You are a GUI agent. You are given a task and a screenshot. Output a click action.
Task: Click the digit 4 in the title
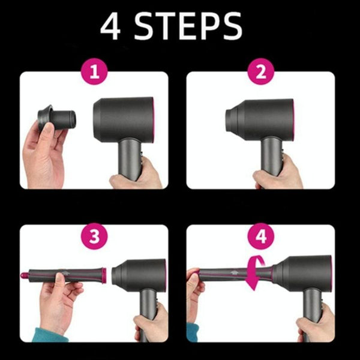[x=111, y=28]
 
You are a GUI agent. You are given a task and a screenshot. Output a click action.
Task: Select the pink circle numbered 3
[x=94, y=235]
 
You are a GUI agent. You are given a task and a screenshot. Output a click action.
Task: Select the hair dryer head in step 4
[x=303, y=273]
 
